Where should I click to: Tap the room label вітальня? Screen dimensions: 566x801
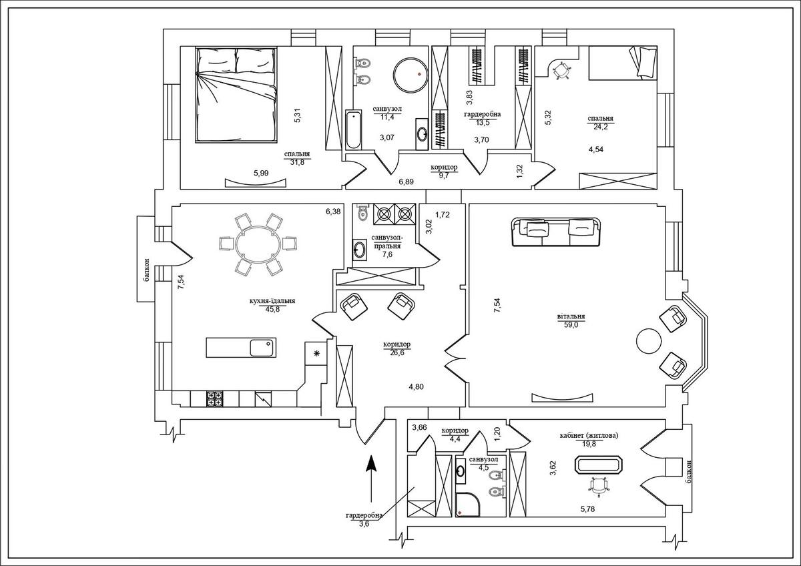click(x=571, y=318)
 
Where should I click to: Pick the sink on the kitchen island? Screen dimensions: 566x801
click(x=260, y=347)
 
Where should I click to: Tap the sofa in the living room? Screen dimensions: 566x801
click(x=557, y=231)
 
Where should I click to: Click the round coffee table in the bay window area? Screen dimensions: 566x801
click(x=647, y=341)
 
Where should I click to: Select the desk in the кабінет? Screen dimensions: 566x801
click(x=600, y=465)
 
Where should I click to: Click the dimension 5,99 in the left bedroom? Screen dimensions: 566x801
click(x=262, y=174)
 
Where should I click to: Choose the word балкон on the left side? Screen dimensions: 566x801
click(x=146, y=270)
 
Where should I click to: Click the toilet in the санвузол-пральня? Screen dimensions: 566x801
click(x=362, y=213)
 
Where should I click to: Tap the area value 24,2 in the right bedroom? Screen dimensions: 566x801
click(x=601, y=127)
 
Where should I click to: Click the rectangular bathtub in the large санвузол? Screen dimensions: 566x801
click(x=352, y=129)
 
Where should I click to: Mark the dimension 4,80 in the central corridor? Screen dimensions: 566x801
click(x=417, y=386)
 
